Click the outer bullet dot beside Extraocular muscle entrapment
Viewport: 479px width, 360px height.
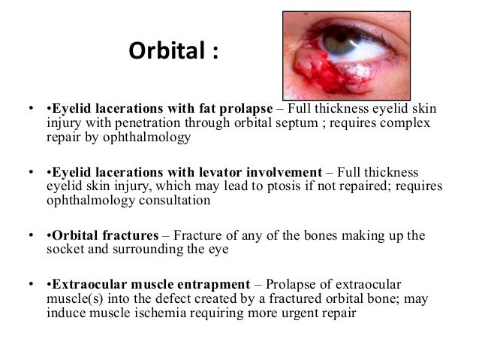point(29,285)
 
